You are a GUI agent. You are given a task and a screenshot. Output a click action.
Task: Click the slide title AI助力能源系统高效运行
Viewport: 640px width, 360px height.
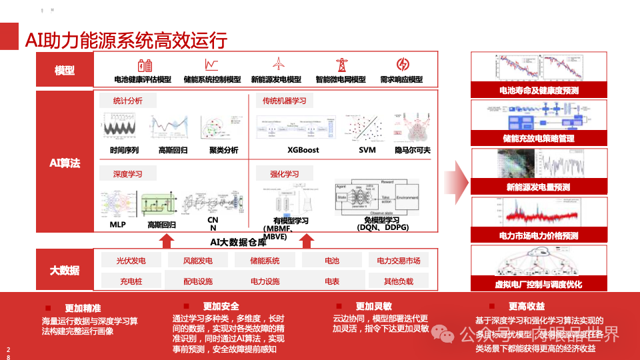(x=126, y=40)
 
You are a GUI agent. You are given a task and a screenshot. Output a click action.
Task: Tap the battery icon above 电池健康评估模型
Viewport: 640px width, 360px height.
(x=145, y=65)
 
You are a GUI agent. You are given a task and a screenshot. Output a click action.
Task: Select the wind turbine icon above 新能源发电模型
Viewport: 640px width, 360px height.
(x=278, y=64)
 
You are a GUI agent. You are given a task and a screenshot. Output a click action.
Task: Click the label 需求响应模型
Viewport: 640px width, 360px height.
(x=401, y=79)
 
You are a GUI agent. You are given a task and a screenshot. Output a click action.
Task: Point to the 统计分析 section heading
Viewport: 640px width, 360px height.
(x=129, y=101)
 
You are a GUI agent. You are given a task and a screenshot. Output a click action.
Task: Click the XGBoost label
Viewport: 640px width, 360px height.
(x=303, y=150)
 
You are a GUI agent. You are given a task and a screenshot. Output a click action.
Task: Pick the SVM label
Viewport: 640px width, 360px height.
(x=367, y=150)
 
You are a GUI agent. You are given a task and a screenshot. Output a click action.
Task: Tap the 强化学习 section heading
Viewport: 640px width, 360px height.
(x=285, y=174)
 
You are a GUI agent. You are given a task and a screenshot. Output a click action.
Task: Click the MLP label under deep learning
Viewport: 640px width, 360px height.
(x=117, y=225)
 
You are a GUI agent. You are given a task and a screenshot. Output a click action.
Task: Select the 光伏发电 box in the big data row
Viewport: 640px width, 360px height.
(x=131, y=261)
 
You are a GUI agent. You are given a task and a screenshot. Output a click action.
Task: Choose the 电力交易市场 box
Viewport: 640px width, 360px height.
(x=399, y=261)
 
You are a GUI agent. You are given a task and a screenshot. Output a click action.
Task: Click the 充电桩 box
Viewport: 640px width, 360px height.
(x=131, y=281)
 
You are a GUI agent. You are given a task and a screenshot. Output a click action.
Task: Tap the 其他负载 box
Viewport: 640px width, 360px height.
(x=399, y=281)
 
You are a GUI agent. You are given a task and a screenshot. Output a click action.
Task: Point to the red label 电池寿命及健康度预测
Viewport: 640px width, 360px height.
(x=539, y=90)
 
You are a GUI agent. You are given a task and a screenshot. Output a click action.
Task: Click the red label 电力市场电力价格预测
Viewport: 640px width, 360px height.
(x=539, y=235)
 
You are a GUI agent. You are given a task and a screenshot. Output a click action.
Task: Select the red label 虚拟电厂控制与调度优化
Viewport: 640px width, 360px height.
(x=539, y=284)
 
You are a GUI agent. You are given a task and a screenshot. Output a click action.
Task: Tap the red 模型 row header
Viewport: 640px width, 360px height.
(x=65, y=71)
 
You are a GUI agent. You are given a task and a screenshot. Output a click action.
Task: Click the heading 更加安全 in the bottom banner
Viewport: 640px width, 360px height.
(x=221, y=306)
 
